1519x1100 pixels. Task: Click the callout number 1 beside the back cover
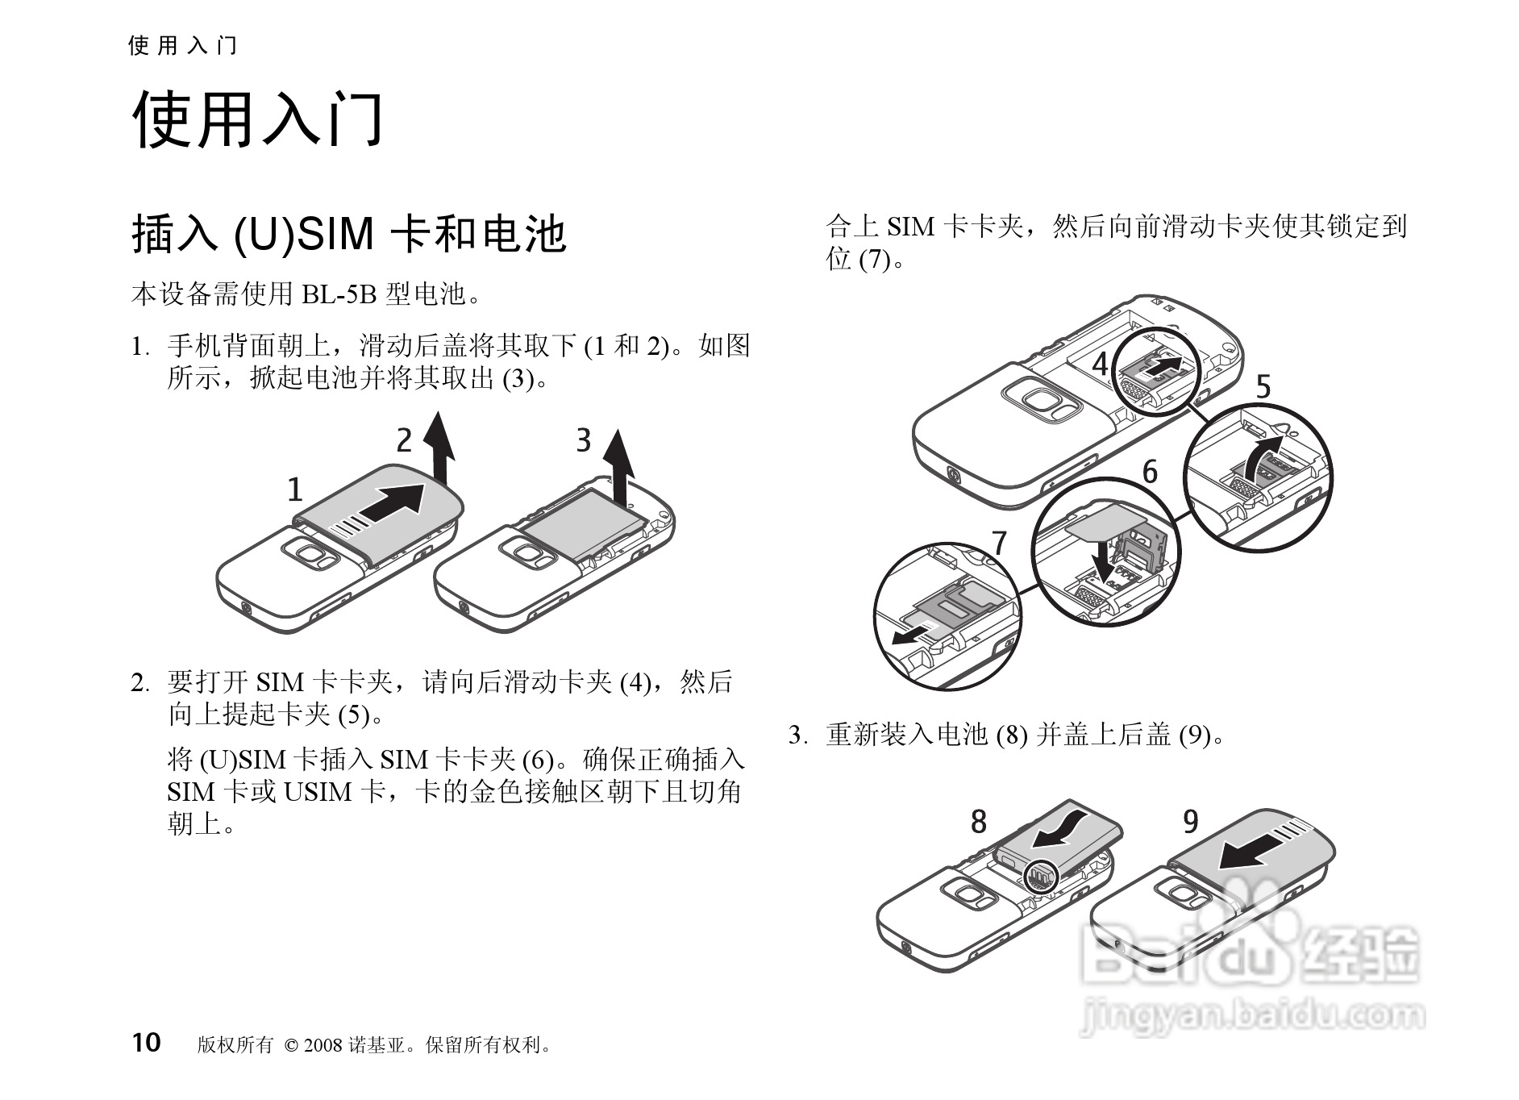(295, 490)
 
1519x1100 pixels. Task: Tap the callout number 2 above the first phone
(404, 440)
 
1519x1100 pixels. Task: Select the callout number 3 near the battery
(584, 440)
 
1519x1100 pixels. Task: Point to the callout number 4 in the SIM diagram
(1101, 365)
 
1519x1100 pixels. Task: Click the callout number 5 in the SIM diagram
(1263, 388)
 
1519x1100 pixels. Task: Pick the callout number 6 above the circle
(1150, 472)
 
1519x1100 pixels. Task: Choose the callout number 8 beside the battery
(978, 822)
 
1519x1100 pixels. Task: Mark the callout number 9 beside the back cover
(1191, 822)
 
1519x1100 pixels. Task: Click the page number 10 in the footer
(147, 1043)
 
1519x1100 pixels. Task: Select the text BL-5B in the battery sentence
(339, 295)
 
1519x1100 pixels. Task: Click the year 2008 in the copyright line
(323, 1046)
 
